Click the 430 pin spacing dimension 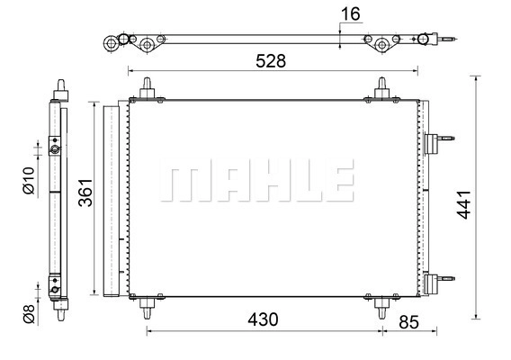pos(263,319)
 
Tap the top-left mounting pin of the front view pos(145,87)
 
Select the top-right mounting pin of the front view pos(381,87)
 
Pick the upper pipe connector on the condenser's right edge pos(437,144)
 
